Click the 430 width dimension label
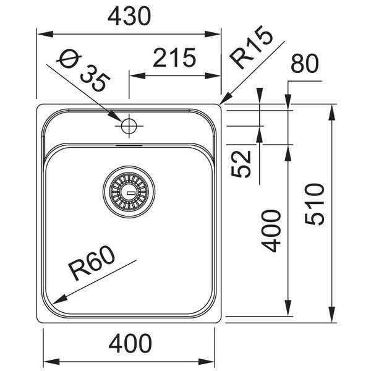point(129,16)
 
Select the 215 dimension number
point(174,58)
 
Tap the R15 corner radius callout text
point(251,47)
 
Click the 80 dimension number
point(305,64)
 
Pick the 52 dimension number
point(241,164)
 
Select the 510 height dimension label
point(315,204)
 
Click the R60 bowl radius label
point(92,263)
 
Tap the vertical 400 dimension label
point(271,231)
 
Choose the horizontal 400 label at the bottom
point(130,343)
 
